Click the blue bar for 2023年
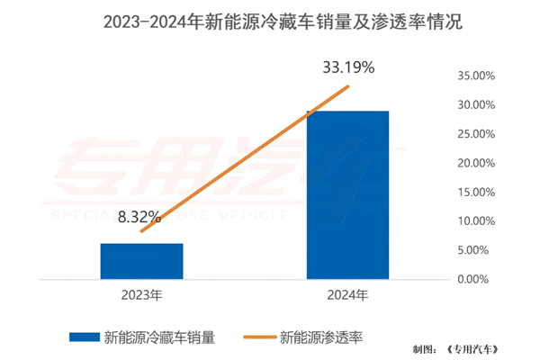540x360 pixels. pos(141,261)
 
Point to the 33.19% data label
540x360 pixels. pos(350,67)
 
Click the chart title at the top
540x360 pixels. pos(269,22)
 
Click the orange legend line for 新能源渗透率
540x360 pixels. pos(258,337)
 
